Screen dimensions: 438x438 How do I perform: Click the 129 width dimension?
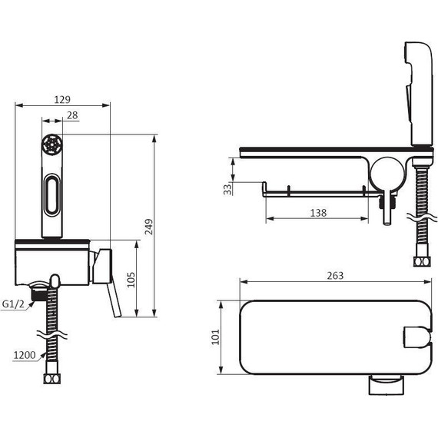62,99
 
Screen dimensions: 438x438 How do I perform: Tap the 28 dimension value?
72,115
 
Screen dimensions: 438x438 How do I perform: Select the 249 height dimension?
149,227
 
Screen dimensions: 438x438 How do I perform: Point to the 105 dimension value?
131,280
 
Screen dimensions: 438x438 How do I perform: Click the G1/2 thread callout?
13,304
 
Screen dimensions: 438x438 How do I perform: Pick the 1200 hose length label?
25,355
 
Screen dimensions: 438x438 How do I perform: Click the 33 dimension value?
227,189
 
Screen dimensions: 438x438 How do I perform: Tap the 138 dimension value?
318,213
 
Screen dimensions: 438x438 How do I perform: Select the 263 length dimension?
335,276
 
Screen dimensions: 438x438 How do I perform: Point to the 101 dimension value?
216,337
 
